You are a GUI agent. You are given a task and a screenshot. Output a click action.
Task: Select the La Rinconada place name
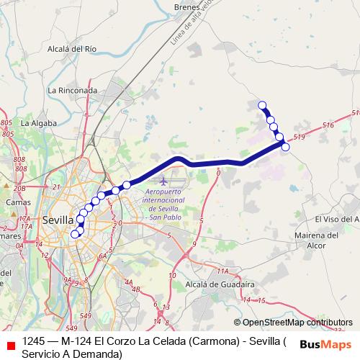tap(72, 91)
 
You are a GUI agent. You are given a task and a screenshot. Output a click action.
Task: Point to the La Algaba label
tap(39, 123)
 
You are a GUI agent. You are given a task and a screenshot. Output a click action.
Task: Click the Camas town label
tap(18, 202)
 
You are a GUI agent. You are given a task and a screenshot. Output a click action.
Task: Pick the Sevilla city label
tap(58, 220)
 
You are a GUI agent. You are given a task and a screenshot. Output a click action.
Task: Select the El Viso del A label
tap(337, 219)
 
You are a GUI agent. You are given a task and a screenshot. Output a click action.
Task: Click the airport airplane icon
tap(164, 179)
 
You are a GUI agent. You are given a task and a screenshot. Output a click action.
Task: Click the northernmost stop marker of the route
tap(263, 105)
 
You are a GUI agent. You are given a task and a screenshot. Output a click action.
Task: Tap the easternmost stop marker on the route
tap(285, 147)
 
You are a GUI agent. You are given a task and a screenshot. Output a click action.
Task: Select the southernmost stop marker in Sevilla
tap(74, 234)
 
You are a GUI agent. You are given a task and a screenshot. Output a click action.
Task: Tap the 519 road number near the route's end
tap(300, 137)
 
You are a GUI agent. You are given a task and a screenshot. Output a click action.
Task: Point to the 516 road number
tap(328, 125)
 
